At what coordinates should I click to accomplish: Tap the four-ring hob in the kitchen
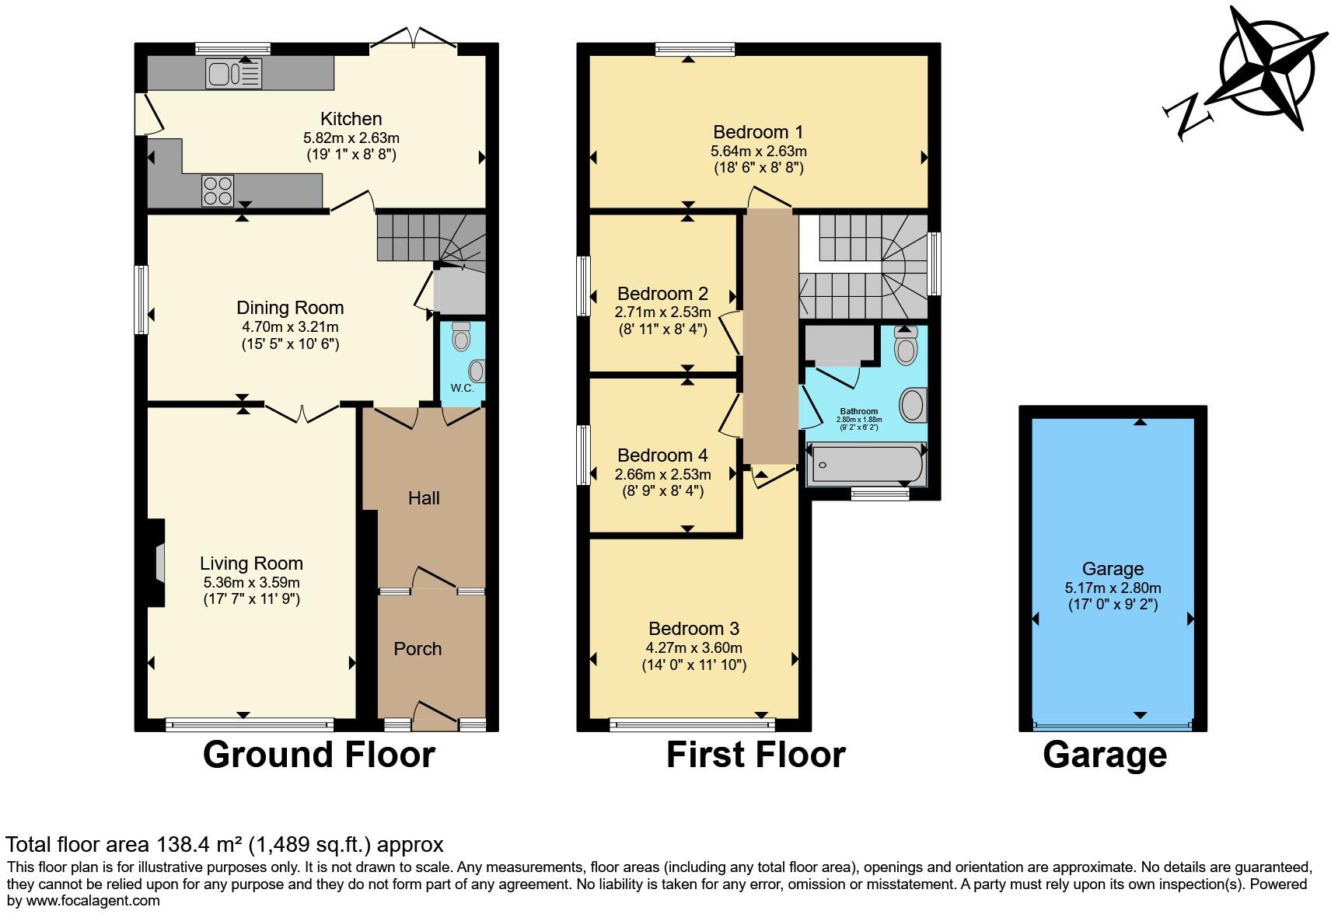pos(218,190)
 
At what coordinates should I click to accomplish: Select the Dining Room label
pos(290,308)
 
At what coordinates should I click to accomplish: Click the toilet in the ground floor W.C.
pos(461,337)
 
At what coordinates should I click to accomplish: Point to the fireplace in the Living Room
pos(158,563)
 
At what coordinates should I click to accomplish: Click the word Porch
pos(417,649)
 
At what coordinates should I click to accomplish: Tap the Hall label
pos(424,498)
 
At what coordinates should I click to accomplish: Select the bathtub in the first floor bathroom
pos(866,464)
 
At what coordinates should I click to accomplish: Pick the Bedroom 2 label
pos(662,294)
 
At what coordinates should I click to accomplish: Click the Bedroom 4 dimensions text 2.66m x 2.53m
pos(662,475)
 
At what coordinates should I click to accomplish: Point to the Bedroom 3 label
pos(693,628)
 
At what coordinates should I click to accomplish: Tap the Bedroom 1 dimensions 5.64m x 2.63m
pos(758,152)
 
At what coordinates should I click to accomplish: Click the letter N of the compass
pos(1187,116)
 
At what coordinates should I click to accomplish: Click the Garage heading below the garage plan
pos(1104,755)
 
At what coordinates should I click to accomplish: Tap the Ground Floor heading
pos(319,755)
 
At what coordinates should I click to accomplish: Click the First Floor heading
pos(755,755)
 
